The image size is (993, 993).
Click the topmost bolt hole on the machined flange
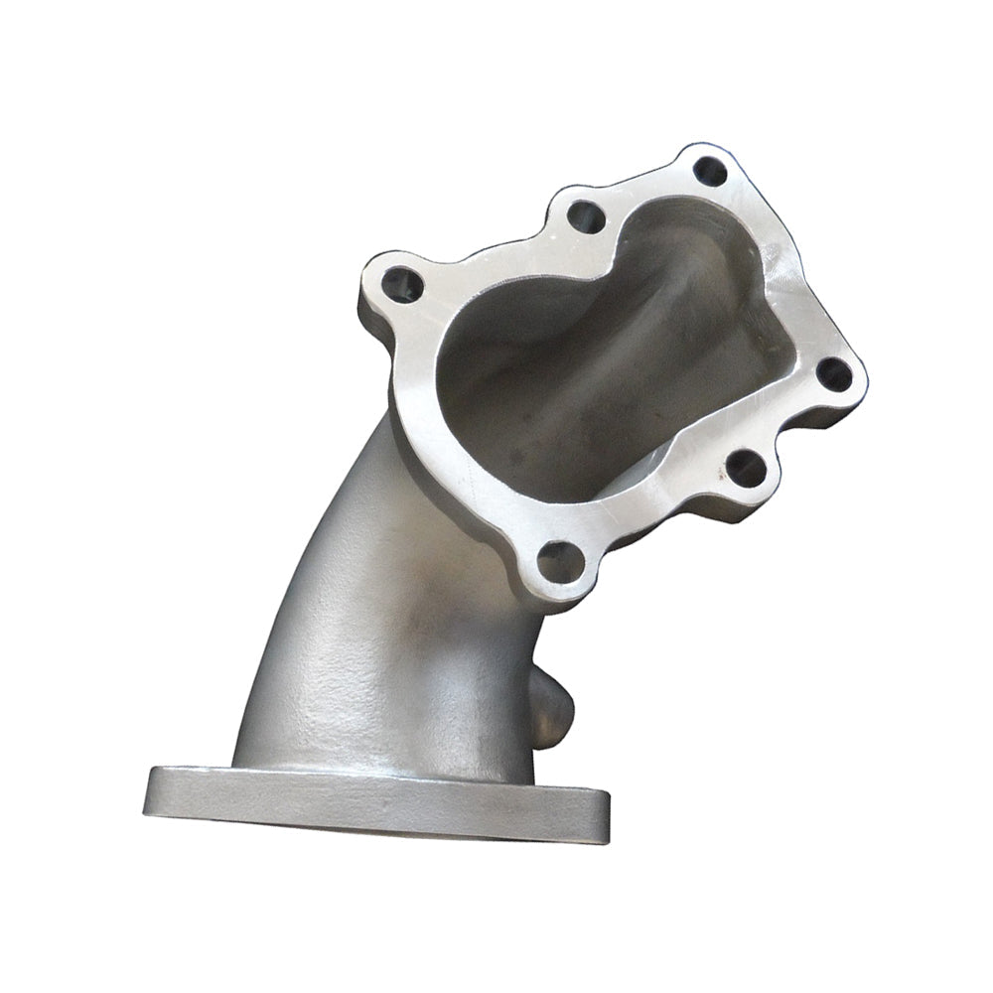coord(709,172)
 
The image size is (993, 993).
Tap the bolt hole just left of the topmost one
coord(586,216)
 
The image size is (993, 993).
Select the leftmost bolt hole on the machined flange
coord(403,285)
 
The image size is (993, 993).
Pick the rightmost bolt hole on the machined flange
coord(833,374)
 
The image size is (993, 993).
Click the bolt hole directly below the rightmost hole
coord(746,468)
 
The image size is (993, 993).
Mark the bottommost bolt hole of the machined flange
coord(560,563)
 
